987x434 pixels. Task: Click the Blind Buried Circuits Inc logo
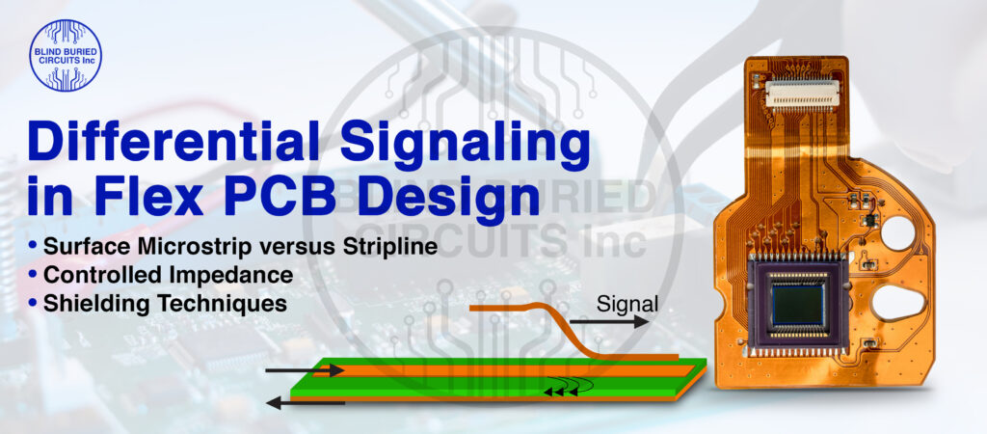click(x=65, y=56)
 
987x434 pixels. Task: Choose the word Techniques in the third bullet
click(x=227, y=302)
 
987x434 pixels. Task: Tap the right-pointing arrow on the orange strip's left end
click(x=304, y=370)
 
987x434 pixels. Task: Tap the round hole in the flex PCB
click(x=900, y=233)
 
